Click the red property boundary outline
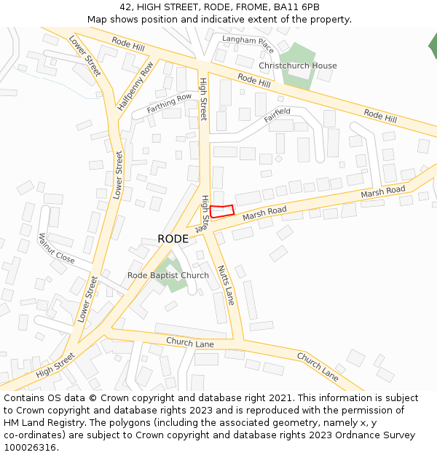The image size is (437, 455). pos(222,211)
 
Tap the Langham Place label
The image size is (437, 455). pos(248,44)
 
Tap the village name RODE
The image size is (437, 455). pos(173,239)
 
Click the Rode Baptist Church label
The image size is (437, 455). pos(168,275)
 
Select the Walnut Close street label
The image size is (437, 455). pos(56,248)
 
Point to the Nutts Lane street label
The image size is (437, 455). pos(226,285)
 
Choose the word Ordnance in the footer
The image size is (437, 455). pos(356,435)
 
